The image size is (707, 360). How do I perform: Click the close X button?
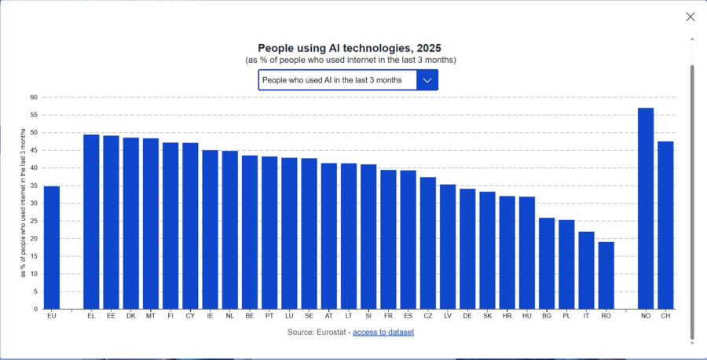point(690,17)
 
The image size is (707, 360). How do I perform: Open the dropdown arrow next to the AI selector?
point(427,80)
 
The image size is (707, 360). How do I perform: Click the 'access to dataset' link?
point(383,332)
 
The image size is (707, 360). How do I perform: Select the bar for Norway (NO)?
point(646,208)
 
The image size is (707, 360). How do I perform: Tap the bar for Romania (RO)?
point(606,276)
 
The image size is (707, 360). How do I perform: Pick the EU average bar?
point(51,248)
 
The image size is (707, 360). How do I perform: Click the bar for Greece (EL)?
point(91,222)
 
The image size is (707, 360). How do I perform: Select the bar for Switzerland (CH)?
point(665,225)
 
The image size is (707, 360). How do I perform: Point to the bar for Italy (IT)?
point(586,270)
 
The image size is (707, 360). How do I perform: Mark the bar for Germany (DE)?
point(467,248)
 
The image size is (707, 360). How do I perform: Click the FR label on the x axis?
point(388,316)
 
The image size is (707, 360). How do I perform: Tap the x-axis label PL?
point(566,316)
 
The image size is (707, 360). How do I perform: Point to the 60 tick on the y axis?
point(34,97)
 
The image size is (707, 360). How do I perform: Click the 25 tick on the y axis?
point(34,221)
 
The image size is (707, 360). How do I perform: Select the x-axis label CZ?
point(428,316)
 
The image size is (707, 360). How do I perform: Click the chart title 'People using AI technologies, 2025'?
point(350,48)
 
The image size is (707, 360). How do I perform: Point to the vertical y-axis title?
point(23,203)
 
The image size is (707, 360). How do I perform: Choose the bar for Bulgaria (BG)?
point(547,263)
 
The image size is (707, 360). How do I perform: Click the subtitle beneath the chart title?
point(350,60)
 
